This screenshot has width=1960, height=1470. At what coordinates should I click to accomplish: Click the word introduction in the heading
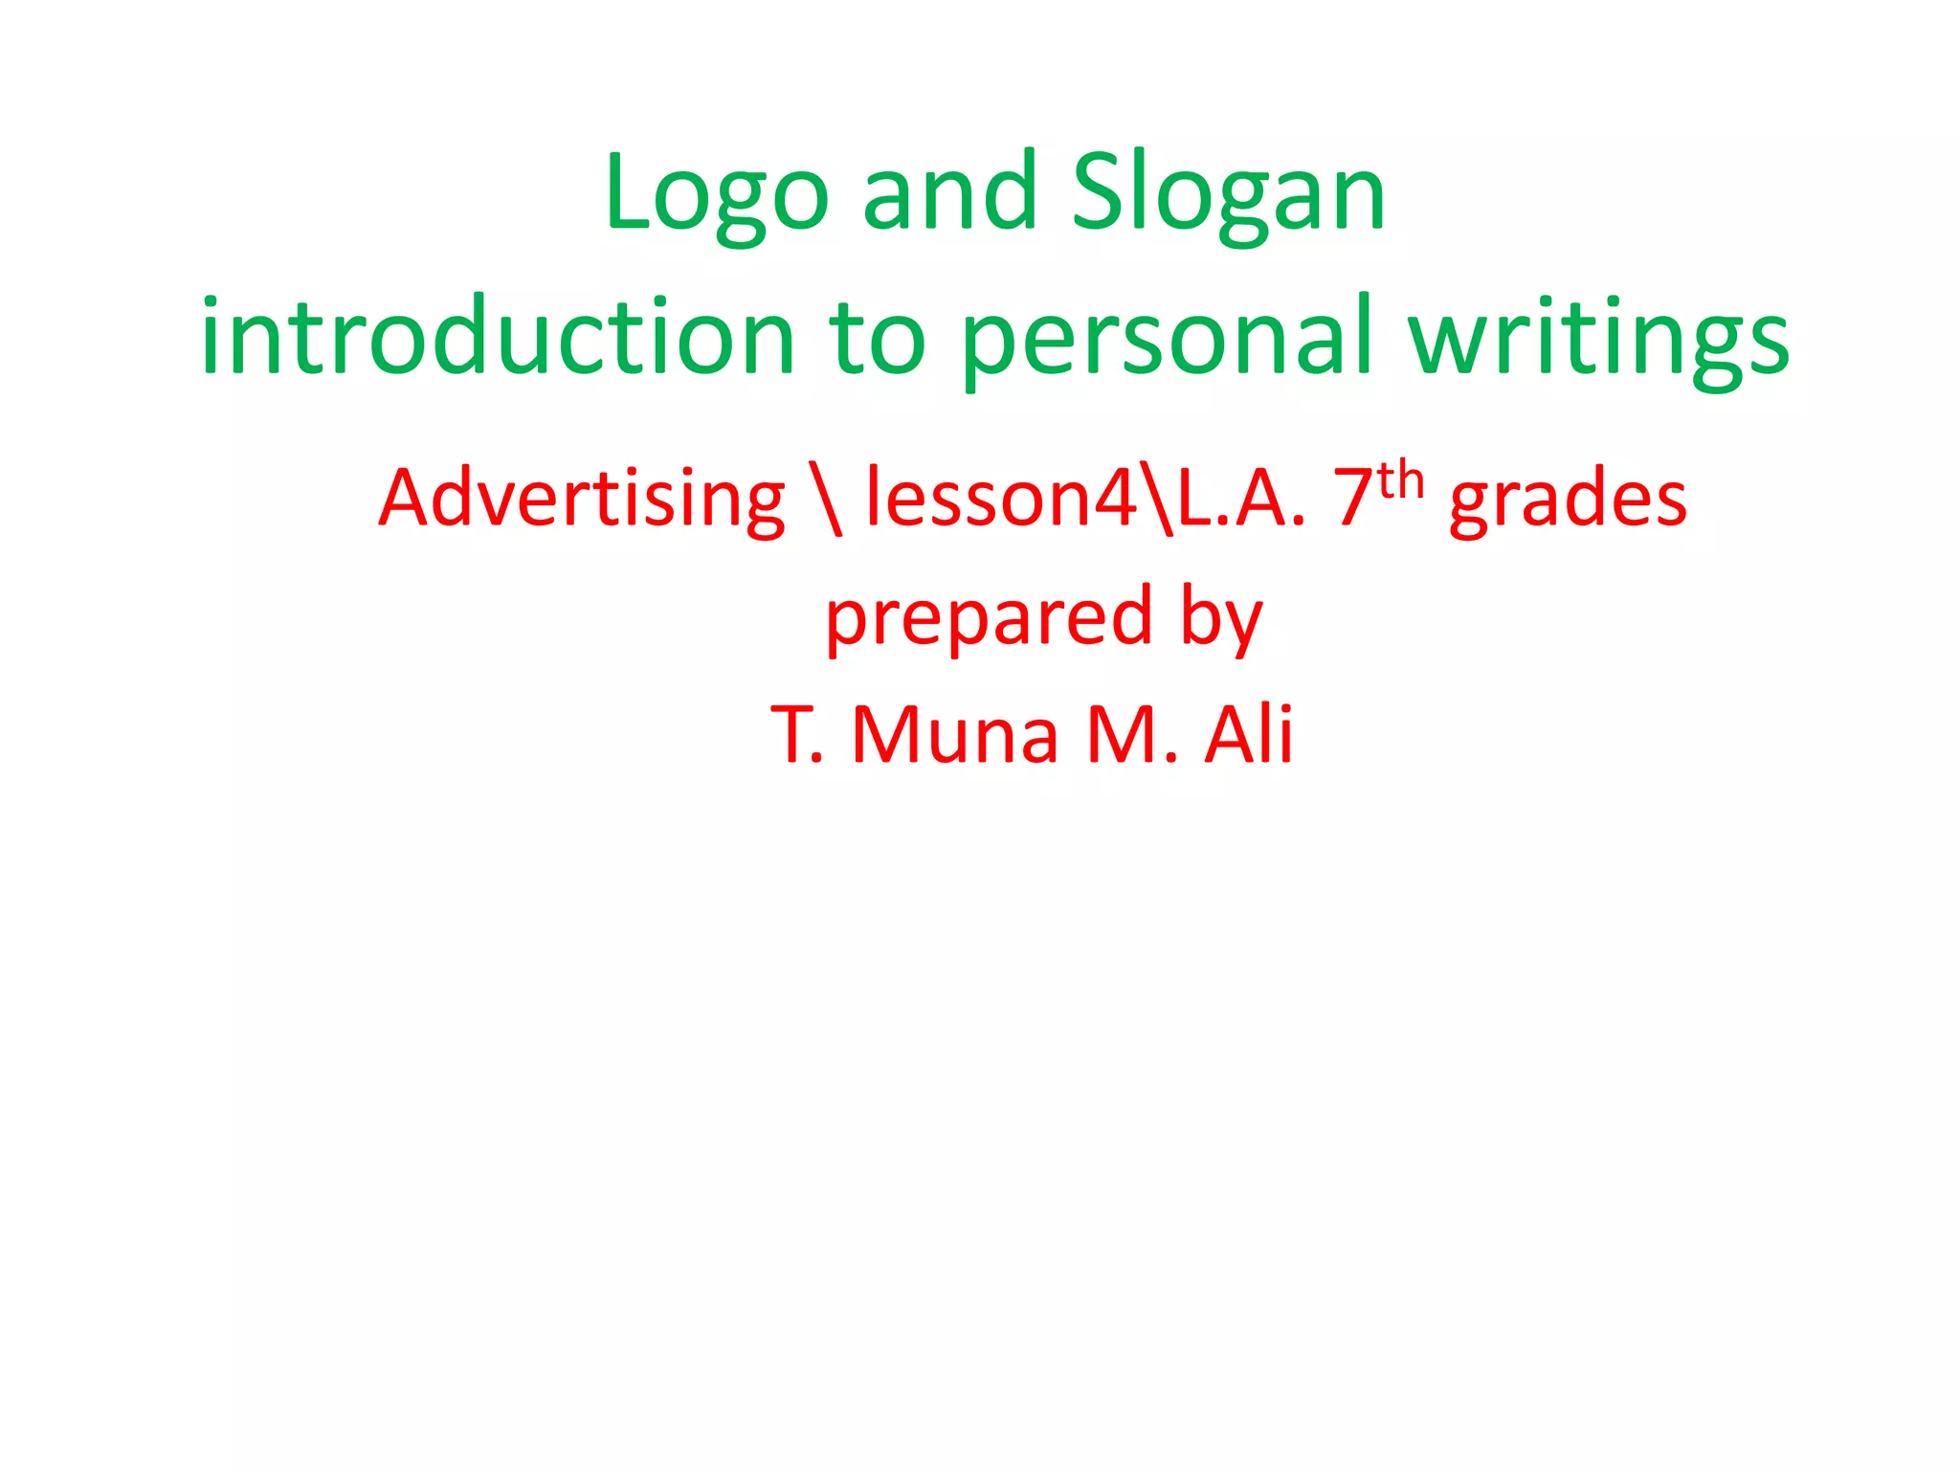point(498,337)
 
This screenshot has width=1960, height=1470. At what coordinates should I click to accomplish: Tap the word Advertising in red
point(582,500)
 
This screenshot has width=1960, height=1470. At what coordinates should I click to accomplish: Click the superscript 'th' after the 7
point(1401,479)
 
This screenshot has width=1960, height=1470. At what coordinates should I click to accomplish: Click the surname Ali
point(1249,735)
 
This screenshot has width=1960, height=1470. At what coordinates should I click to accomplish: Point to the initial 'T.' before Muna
point(797,735)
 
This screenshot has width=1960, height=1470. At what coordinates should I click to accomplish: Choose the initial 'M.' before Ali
point(1131,735)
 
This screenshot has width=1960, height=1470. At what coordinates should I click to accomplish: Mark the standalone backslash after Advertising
point(825,500)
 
